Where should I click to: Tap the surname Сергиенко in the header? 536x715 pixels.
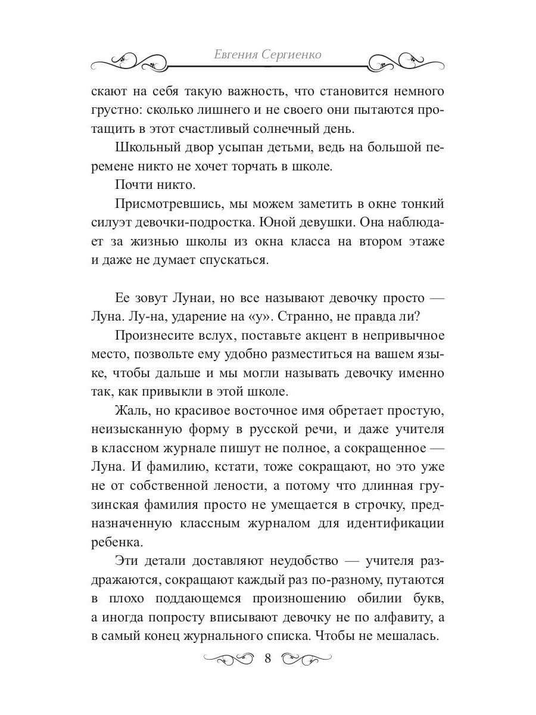click(x=292, y=55)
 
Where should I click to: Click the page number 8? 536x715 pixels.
click(x=267, y=658)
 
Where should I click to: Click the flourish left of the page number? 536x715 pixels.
click(x=229, y=658)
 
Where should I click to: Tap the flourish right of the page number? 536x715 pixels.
click(x=306, y=658)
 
